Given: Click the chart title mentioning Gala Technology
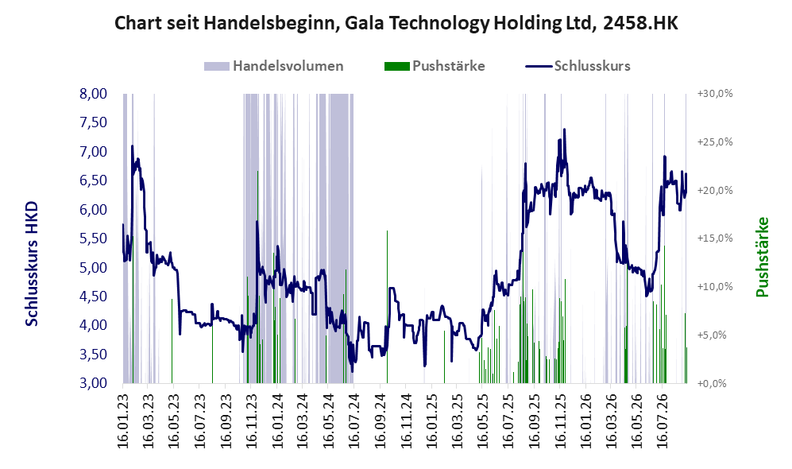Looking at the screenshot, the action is pyautogui.click(x=396, y=23).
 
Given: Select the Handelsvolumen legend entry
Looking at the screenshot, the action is pyautogui.click(x=274, y=66).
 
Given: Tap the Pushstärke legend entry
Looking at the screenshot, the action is pyautogui.click(x=435, y=66).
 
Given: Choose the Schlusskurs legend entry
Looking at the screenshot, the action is pyautogui.click(x=578, y=66).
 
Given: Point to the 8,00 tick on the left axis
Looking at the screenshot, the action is pyautogui.click(x=94, y=94).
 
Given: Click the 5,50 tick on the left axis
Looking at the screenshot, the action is pyautogui.click(x=94, y=238).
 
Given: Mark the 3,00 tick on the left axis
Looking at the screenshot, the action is pyautogui.click(x=94, y=383).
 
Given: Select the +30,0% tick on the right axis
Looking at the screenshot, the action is pyautogui.click(x=715, y=94).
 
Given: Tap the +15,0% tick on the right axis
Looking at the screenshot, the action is pyautogui.click(x=715, y=238).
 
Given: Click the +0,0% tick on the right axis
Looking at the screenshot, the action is pyautogui.click(x=713, y=384).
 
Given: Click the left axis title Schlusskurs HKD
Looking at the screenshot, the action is pyautogui.click(x=31, y=265).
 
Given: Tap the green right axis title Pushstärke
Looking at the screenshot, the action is pyautogui.click(x=762, y=257).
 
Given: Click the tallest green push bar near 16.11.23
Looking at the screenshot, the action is pyautogui.click(x=257, y=277).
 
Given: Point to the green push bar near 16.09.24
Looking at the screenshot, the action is pyautogui.click(x=388, y=307).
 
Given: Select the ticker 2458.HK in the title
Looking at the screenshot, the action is pyautogui.click(x=640, y=23).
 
